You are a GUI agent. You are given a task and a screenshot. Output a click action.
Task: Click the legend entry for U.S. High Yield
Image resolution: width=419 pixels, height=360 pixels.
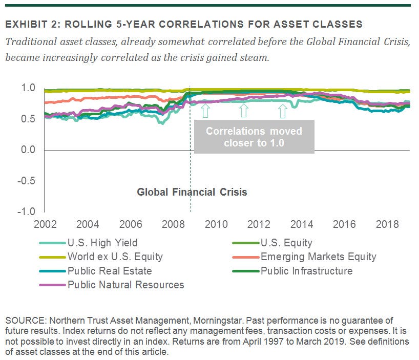pos(102,243)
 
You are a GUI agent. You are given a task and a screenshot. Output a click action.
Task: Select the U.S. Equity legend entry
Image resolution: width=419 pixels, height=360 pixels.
pos(286,243)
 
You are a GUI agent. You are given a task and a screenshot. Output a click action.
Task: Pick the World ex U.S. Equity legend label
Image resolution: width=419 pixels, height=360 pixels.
pos(115,257)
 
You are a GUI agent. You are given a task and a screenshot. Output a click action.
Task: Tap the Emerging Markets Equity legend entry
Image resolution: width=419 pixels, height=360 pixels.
pos(318,257)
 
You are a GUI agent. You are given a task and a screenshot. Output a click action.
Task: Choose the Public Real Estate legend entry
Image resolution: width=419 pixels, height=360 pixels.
pos(110,271)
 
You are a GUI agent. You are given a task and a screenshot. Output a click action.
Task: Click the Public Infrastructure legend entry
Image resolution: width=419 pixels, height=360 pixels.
pos(306,271)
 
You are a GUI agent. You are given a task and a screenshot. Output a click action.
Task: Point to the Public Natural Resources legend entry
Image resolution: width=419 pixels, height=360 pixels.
pos(125,285)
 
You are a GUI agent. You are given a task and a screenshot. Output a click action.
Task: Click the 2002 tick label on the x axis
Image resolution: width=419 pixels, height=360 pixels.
pos(45,224)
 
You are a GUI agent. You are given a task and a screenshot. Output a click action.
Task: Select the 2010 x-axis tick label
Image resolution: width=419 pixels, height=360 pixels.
pos(216,224)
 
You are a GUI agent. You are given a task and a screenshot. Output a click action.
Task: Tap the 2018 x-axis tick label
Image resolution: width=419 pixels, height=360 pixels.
pos(388,224)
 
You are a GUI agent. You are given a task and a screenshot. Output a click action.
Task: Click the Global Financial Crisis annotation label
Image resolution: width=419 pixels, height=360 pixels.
pos(192,193)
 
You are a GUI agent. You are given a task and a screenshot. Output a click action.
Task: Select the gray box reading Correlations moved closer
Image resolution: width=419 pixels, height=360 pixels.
pos(254,137)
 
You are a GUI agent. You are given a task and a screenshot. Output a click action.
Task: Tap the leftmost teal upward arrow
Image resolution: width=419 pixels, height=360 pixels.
pos(205,109)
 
